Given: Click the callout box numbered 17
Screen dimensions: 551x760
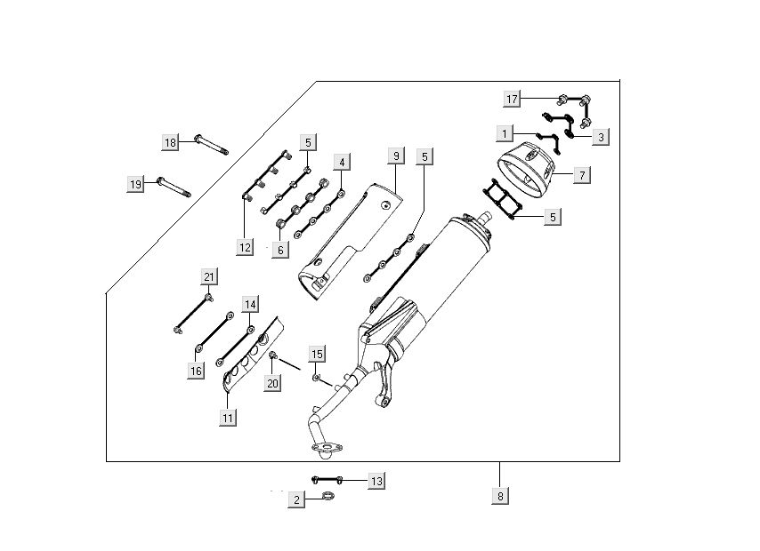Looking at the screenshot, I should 513,100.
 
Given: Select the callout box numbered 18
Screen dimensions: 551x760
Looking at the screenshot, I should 171,142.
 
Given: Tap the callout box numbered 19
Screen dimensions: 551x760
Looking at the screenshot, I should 135,184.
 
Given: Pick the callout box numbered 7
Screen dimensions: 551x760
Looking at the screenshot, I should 580,175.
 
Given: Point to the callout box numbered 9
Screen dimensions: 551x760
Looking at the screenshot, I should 396,156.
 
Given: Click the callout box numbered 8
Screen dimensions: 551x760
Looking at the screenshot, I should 502,496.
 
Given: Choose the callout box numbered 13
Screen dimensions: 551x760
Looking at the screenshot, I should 376,481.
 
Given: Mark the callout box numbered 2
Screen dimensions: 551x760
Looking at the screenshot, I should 297,500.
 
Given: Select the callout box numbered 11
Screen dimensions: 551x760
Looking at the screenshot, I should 228,417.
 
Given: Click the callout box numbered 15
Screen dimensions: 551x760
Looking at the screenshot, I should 317,354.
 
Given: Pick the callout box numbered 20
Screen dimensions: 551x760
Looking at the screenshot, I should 273,382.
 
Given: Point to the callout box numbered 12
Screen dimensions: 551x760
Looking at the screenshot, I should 245,248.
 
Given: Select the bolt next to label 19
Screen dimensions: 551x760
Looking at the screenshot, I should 174,188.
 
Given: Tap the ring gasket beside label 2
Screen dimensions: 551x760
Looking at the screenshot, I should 328,496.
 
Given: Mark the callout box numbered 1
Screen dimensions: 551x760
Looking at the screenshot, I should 505,133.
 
